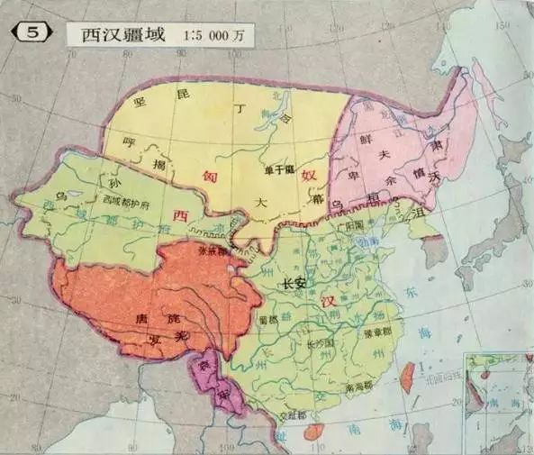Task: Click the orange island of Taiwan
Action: pos(406,377)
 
